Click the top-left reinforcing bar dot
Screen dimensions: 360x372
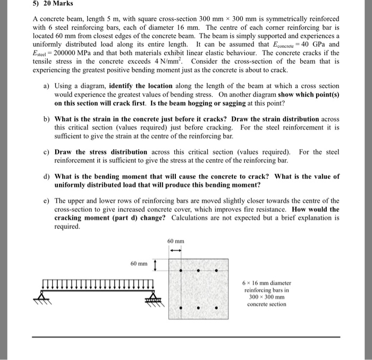pos(181,271)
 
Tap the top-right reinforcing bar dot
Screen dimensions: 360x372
pos(217,271)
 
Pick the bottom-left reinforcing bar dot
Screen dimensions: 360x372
pos(181,307)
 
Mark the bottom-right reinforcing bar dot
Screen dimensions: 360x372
pos(217,307)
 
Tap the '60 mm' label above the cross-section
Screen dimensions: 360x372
pos(175,242)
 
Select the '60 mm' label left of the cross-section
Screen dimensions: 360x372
pos(139,263)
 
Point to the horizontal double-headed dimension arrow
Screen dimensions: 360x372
pos(175,251)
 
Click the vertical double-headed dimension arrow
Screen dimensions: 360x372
pos(155,264)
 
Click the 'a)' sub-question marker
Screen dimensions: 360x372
pos(47,85)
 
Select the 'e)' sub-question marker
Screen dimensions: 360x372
pos(47,201)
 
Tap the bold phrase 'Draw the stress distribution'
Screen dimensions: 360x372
pos(93,152)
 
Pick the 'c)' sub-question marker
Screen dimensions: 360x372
pos(47,152)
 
